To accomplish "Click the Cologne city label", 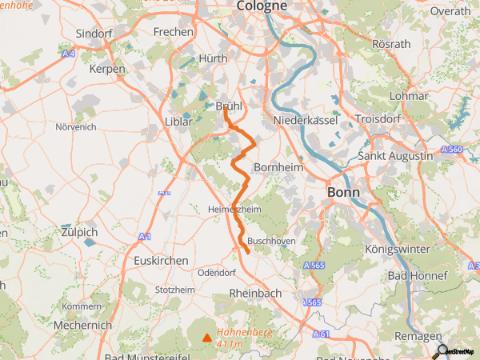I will coord(262,6).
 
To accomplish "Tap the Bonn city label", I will coord(343,193).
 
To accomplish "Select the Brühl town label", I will coord(229,106).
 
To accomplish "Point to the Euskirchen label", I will coord(161,261).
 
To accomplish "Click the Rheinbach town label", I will coord(255,294).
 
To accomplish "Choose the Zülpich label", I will coord(78,232).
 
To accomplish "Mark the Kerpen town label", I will coord(108,70).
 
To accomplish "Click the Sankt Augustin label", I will coord(395,155).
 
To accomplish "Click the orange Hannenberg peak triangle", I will coord(208,338).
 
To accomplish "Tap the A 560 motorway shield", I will coord(452,150).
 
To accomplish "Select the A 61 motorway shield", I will coord(322,334).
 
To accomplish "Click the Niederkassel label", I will coord(306,119).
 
